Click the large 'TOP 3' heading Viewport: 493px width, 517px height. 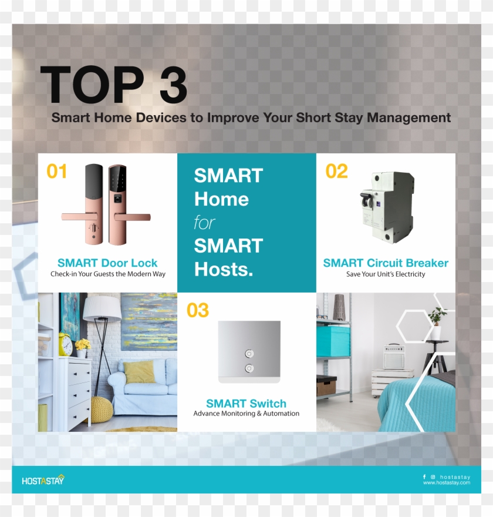[113, 86]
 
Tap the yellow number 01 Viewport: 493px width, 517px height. [57, 172]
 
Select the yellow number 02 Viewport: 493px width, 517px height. [336, 172]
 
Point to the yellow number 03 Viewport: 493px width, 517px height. [198, 310]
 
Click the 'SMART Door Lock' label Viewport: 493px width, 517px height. [107, 263]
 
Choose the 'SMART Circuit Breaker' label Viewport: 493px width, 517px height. [386, 263]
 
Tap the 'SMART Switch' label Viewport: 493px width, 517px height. [246, 404]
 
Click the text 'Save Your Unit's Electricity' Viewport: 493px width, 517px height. [386, 274]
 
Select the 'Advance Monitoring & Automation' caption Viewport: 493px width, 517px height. [246, 414]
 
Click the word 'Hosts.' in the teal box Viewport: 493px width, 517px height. [224, 270]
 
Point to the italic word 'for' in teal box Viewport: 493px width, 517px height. [205, 223]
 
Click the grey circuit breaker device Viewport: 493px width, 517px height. [388, 207]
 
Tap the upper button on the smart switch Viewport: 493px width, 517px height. [249, 354]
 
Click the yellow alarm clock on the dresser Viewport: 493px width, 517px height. [65, 344]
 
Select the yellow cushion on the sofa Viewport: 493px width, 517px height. [139, 372]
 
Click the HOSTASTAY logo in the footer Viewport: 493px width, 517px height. [43, 480]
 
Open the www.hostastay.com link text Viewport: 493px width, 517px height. [447, 483]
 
